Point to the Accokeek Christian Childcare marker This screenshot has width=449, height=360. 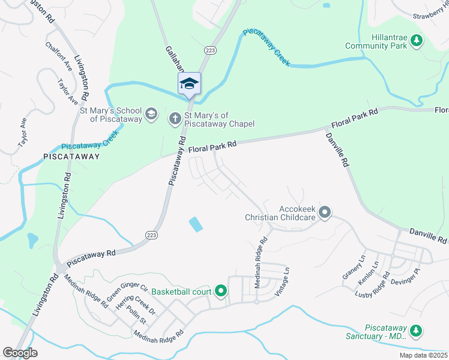[325, 212]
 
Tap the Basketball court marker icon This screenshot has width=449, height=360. [220, 292]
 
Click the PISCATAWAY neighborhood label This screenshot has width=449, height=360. [71, 156]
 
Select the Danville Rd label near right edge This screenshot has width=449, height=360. [429, 235]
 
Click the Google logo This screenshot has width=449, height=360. [20, 353]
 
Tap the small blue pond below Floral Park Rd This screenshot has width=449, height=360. [196, 224]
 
